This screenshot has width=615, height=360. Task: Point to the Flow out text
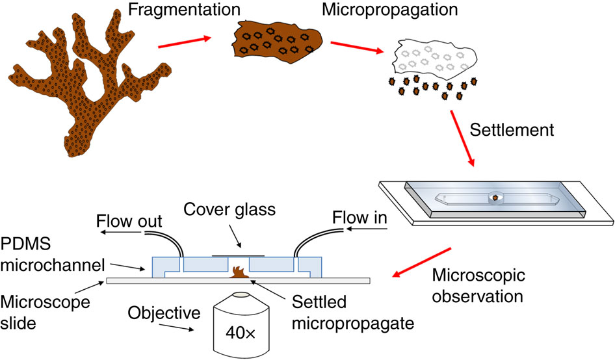pos(127,219)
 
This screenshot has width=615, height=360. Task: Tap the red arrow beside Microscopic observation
pos(419,266)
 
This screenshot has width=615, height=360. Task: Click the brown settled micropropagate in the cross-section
pos(237,274)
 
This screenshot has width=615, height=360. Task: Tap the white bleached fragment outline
pos(432,58)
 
